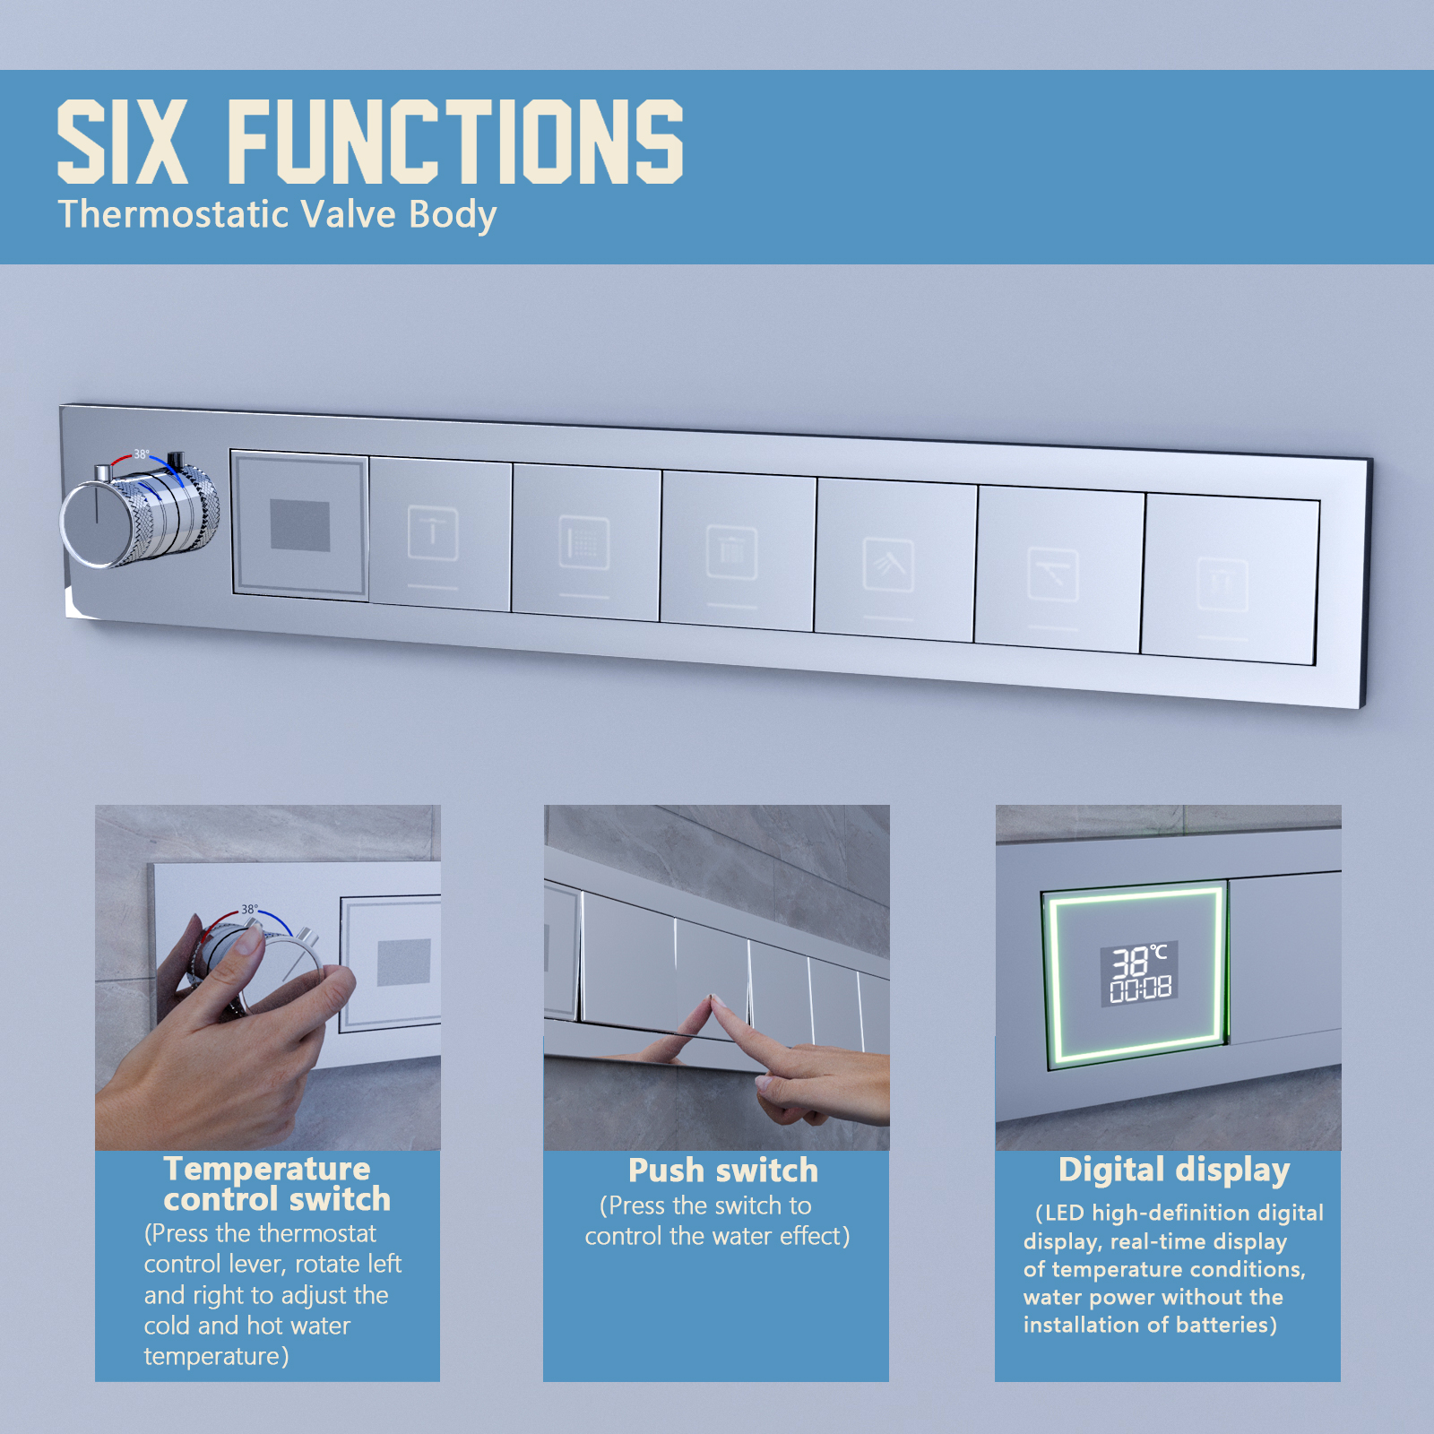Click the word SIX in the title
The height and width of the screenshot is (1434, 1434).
[x=122, y=142]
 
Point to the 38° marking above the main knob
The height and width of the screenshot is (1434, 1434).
[x=142, y=454]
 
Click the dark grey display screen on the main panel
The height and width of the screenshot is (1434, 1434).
[x=300, y=524]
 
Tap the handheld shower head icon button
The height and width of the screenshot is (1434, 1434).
[x=888, y=566]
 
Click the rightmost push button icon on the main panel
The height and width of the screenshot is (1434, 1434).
[x=1222, y=584]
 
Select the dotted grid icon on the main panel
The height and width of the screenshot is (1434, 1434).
[x=584, y=543]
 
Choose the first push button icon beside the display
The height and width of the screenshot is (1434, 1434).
[x=433, y=533]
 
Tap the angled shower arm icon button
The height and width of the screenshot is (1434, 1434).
[x=1052, y=574]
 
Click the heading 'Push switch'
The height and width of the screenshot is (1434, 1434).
[x=723, y=1171]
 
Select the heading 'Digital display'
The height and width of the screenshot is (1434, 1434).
[x=1174, y=1171]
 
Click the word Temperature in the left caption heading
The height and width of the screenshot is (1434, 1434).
[x=267, y=1169]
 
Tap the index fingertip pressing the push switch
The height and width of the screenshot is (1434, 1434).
[x=717, y=1002]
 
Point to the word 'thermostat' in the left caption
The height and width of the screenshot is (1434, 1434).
[x=323, y=1234]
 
